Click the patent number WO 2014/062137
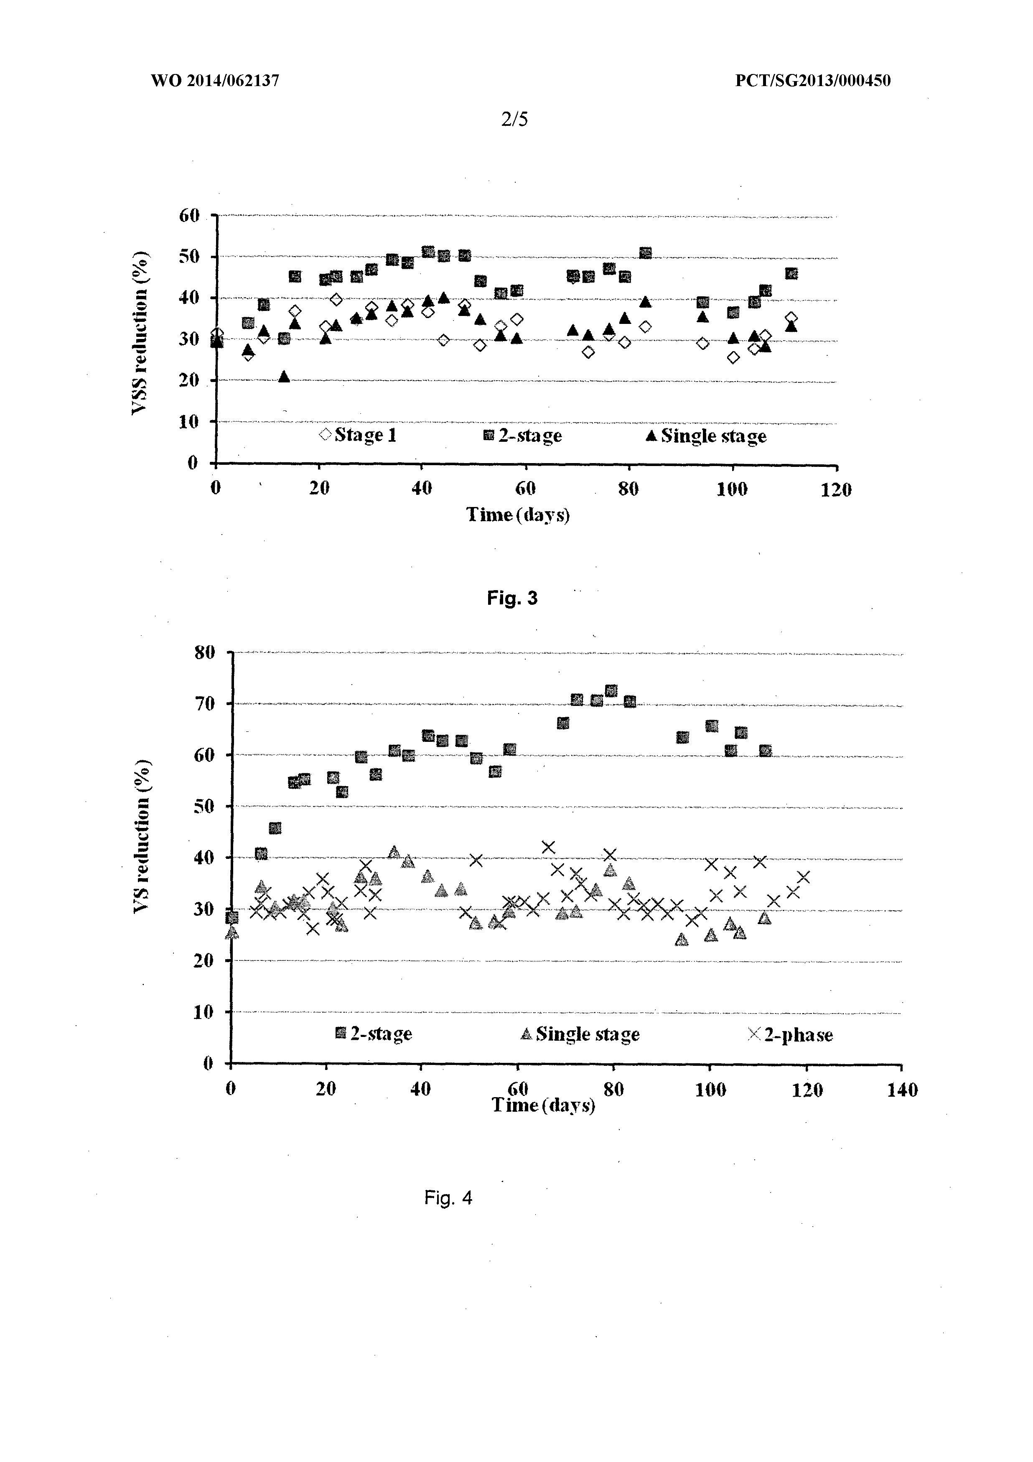click(x=215, y=81)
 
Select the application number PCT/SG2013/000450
click(x=813, y=81)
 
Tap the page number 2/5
click(x=514, y=119)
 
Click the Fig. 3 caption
click(x=512, y=599)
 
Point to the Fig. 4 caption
click(x=448, y=1198)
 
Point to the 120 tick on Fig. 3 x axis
click(x=836, y=489)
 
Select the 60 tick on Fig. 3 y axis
click(x=189, y=216)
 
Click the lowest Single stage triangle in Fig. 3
click(x=284, y=377)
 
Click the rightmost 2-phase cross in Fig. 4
click(x=803, y=877)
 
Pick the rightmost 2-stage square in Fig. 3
click(x=791, y=274)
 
